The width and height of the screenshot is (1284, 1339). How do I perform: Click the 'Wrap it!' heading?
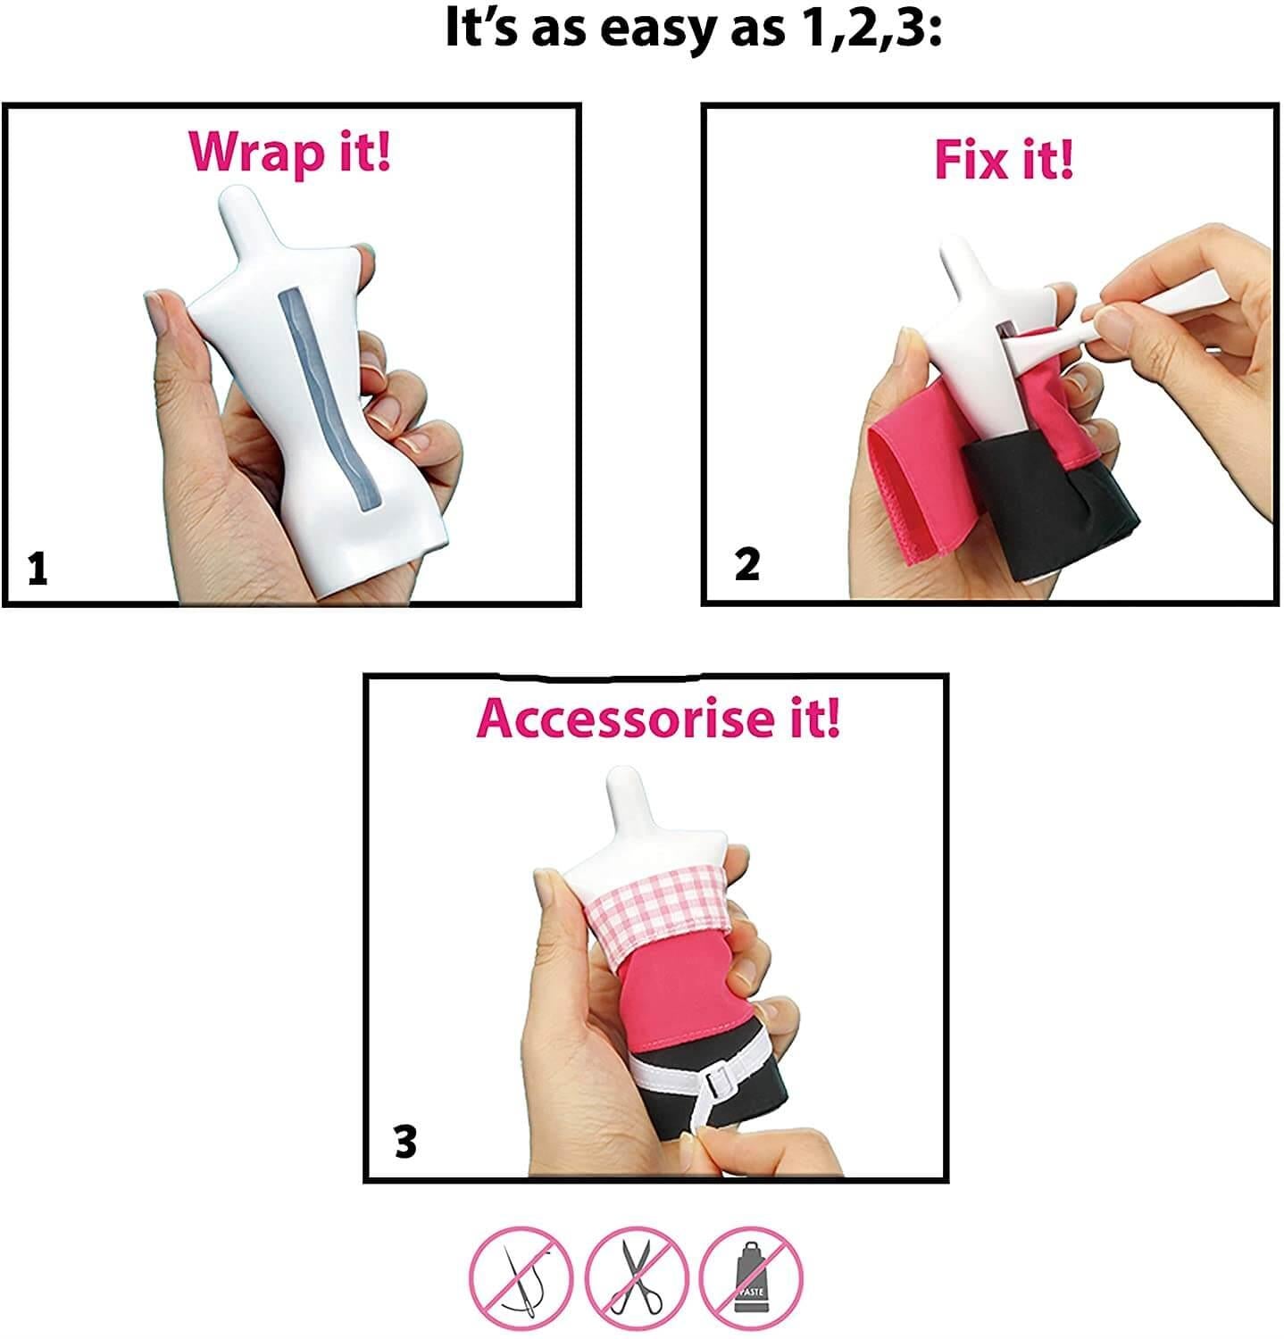[290, 153]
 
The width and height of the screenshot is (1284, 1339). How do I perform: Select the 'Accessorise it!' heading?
[659, 719]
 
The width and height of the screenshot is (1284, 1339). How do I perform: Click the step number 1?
[37, 569]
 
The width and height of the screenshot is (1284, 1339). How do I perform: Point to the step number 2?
[746, 565]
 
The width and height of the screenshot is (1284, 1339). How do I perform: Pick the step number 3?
[405, 1142]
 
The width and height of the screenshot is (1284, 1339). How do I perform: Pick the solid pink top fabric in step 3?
[683, 991]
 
